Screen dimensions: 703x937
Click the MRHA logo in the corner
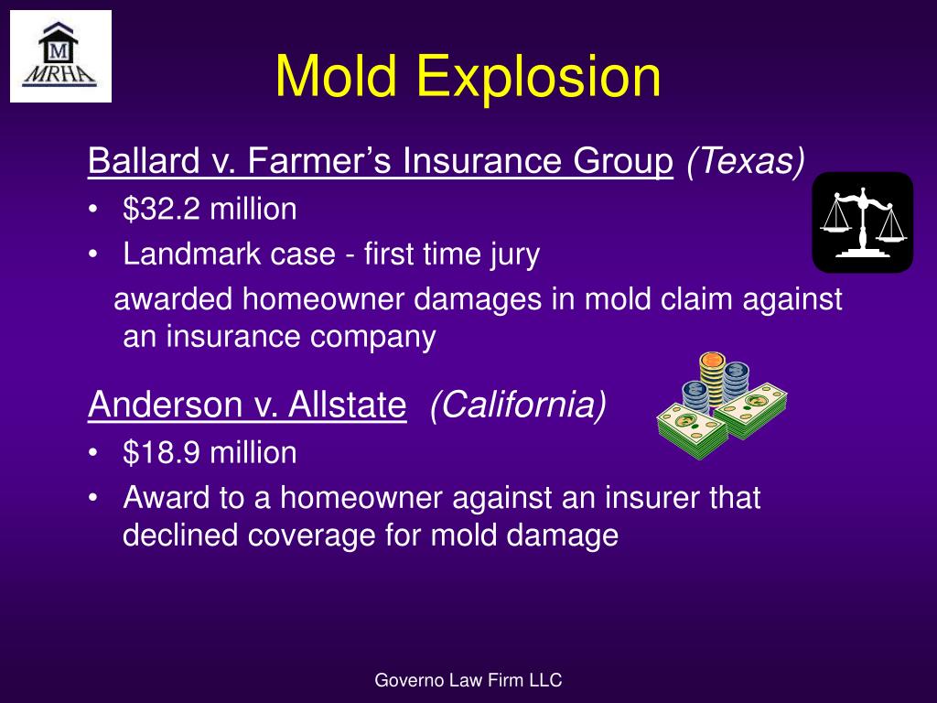60,56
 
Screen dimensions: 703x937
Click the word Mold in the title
339,77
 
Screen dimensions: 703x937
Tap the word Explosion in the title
539,77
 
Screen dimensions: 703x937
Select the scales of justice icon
862,222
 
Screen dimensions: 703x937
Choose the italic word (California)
518,405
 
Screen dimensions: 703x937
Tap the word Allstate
347,405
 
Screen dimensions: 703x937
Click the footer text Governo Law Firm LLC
468,680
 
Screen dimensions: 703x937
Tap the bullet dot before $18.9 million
94,453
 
